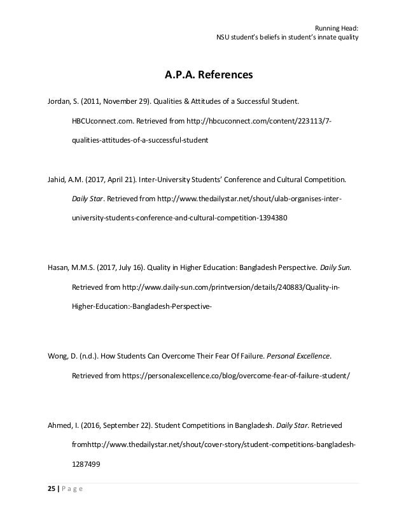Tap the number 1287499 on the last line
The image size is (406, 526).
pos(86,464)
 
